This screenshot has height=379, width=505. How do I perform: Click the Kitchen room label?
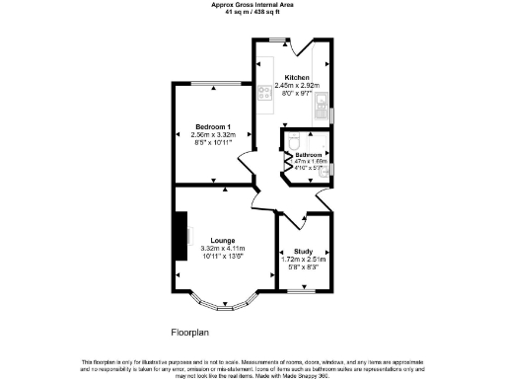coord(297,77)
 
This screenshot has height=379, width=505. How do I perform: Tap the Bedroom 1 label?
coord(212,128)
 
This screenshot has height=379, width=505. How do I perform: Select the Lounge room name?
coord(222,240)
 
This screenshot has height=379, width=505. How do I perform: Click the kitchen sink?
coord(323,111)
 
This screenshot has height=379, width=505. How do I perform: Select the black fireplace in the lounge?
coord(181,233)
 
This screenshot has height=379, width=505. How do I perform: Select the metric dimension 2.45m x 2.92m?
coord(297,86)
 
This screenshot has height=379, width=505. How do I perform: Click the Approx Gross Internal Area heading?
coord(252,4)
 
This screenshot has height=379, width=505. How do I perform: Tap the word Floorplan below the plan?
coord(187,334)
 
